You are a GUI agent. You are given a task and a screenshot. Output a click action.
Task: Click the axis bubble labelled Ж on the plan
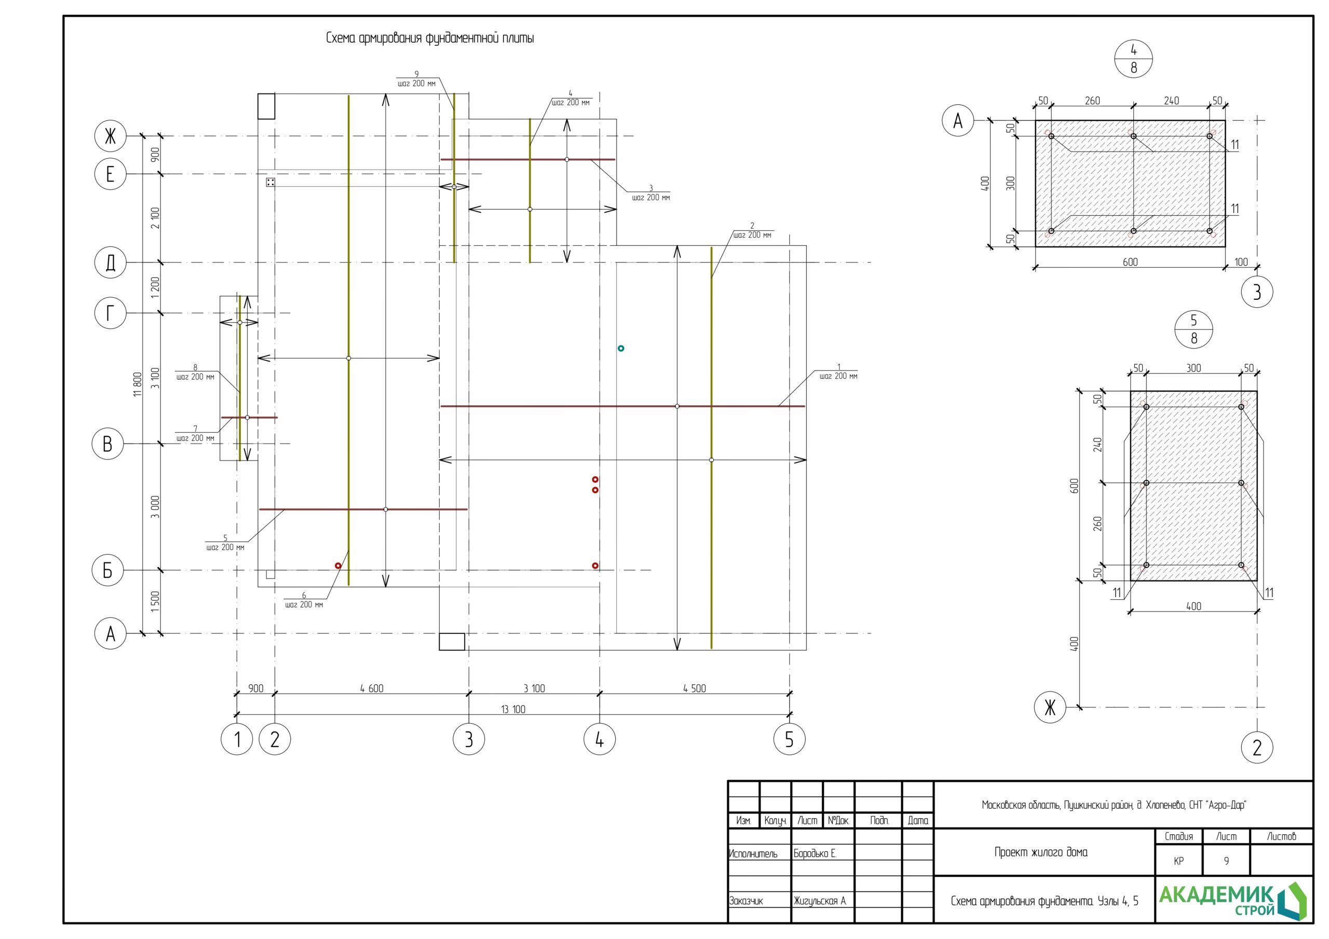pyautogui.click(x=110, y=136)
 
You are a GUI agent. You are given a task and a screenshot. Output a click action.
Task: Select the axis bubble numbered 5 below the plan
pyautogui.click(x=789, y=739)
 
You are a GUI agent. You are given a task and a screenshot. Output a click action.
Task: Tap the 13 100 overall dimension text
pyautogui.click(x=513, y=709)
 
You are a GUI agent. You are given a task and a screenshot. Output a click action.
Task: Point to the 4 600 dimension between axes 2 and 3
pyautogui.click(x=372, y=688)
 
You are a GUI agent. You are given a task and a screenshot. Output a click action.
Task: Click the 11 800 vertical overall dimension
pyautogui.click(x=137, y=384)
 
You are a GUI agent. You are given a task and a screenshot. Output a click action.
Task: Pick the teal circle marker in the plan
pyautogui.click(x=620, y=348)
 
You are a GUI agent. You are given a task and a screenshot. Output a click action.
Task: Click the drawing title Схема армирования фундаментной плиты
pyautogui.click(x=429, y=39)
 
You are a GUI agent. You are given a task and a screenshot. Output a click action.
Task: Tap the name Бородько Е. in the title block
pyautogui.click(x=815, y=853)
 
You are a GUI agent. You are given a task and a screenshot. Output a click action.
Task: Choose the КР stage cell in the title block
pyautogui.click(x=1178, y=861)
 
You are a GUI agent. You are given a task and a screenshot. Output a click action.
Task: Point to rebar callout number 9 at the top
pyautogui.click(x=416, y=79)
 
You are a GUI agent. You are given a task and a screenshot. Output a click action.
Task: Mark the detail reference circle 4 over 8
pyautogui.click(x=1133, y=59)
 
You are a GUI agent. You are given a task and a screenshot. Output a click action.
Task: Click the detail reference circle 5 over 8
pyautogui.click(x=1194, y=329)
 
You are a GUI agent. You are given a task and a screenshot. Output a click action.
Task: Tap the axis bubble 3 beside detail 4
pyautogui.click(x=1257, y=292)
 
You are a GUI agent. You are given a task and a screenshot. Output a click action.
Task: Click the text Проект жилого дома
pyautogui.click(x=1041, y=852)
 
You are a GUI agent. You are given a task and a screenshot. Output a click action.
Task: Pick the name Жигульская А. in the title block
pyautogui.click(x=820, y=901)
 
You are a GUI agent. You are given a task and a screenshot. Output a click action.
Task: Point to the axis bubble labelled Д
pyautogui.click(x=110, y=263)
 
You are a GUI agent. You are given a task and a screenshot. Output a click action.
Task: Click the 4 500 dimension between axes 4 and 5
pyautogui.click(x=694, y=688)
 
